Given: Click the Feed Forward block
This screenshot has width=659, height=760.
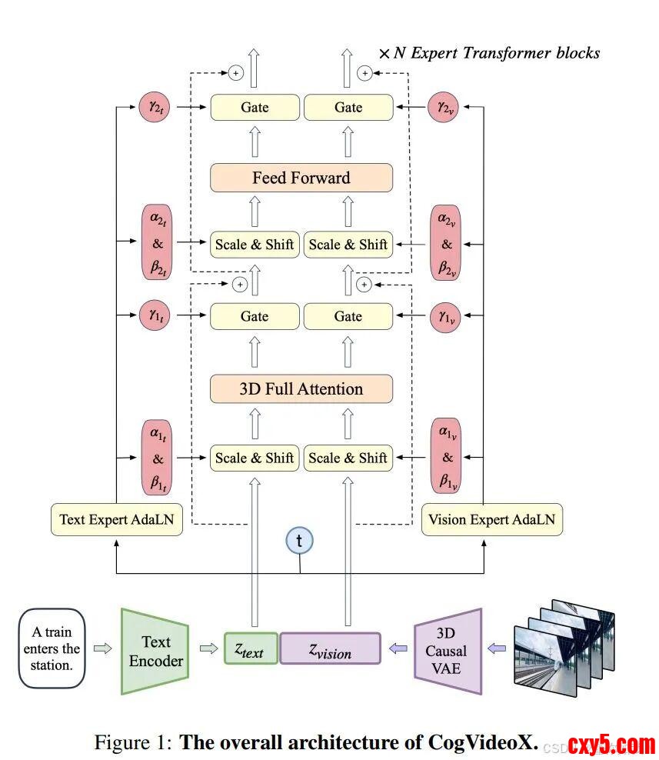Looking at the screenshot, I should [x=301, y=178].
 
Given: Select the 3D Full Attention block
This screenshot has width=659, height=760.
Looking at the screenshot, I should [x=301, y=388].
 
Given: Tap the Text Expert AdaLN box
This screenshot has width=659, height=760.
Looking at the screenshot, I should [x=116, y=519].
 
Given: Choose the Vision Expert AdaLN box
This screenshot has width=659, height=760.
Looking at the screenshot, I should [x=491, y=519].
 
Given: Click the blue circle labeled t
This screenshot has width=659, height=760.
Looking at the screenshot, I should [x=299, y=540].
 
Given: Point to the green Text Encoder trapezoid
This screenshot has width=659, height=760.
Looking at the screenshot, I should [x=155, y=651].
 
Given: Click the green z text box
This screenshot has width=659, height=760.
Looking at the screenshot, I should [x=250, y=648].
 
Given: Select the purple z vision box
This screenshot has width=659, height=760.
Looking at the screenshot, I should [x=330, y=648].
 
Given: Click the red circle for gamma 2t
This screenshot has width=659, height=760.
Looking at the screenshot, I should [x=154, y=107].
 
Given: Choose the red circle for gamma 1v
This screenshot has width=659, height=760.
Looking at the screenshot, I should [x=447, y=316].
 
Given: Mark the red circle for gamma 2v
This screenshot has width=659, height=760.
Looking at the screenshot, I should [x=447, y=107].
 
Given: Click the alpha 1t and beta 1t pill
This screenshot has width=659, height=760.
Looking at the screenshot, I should [x=158, y=458].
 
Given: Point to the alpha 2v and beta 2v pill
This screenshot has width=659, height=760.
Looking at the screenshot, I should [x=447, y=245].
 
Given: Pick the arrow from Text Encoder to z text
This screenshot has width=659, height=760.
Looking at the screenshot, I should [x=208, y=648].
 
